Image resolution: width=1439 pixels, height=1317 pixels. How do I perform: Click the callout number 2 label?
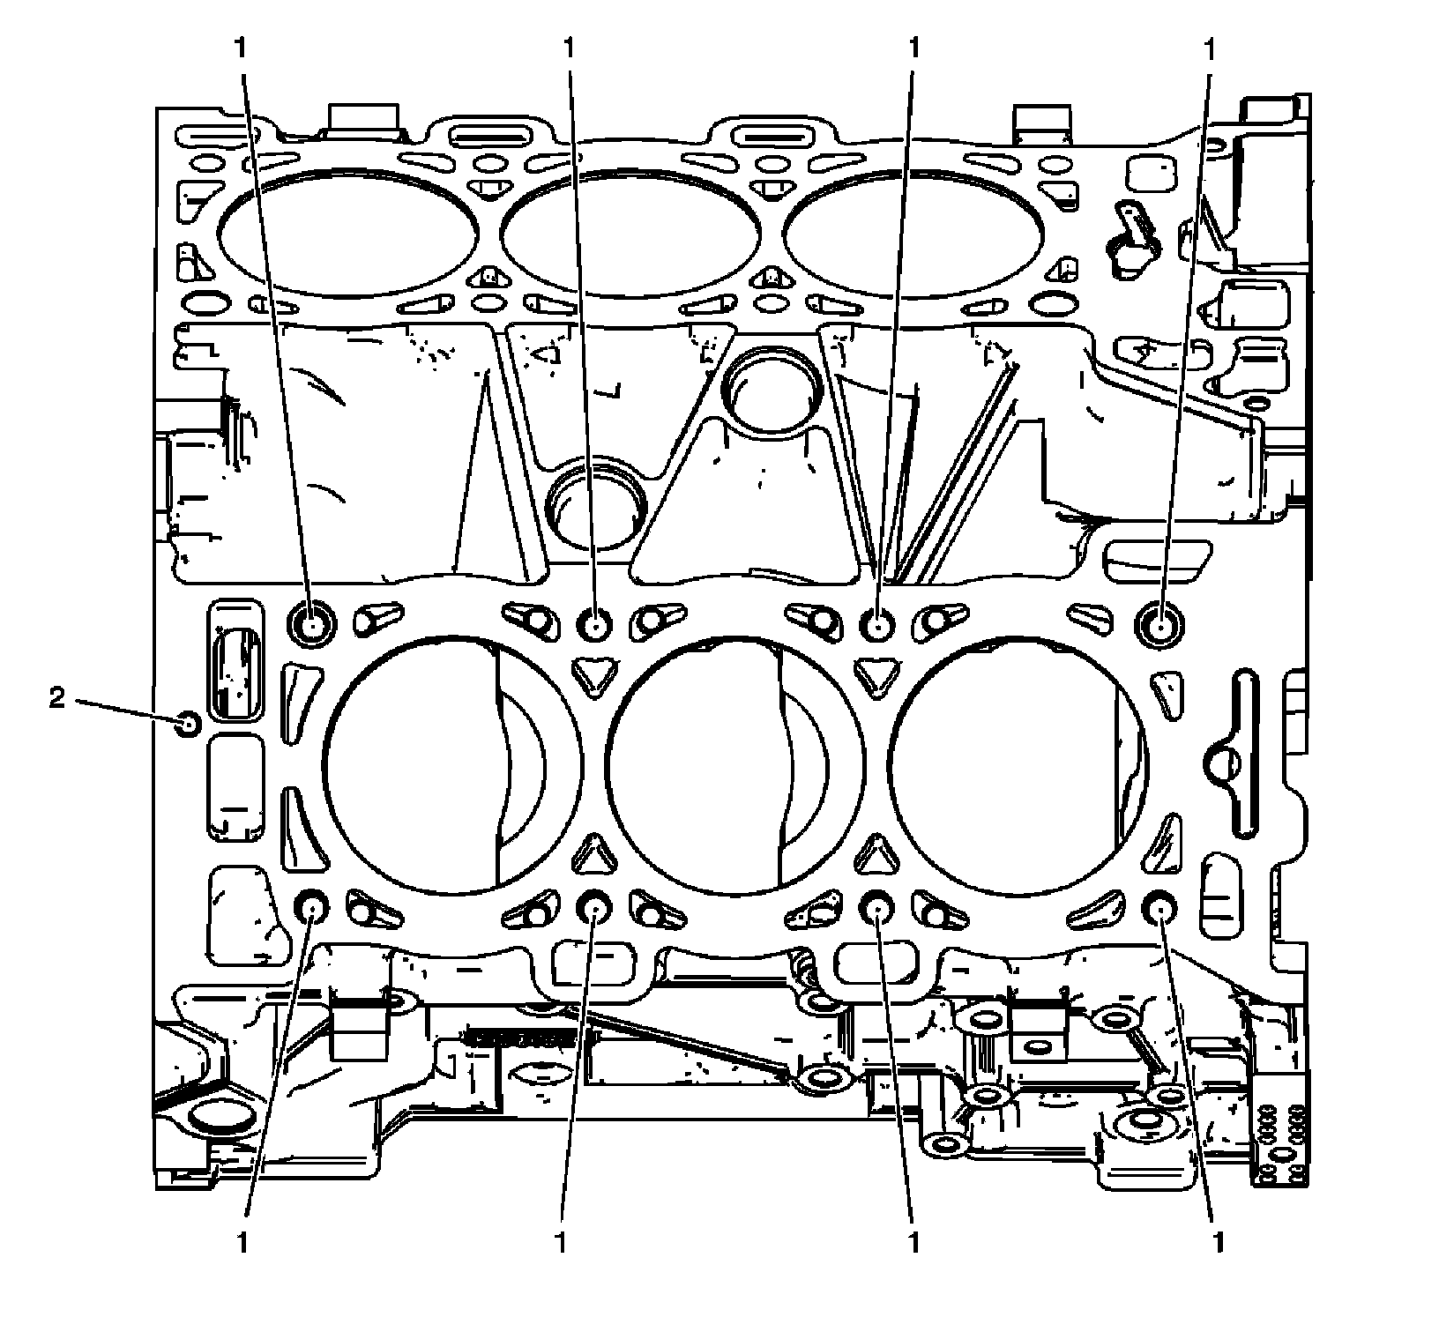click(56, 699)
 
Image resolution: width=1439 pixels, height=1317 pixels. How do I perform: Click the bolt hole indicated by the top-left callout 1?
click(312, 624)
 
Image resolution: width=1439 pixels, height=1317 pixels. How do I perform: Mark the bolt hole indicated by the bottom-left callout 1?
click(311, 906)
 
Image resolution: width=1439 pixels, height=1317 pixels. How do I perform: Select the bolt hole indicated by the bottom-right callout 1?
click(1159, 907)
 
